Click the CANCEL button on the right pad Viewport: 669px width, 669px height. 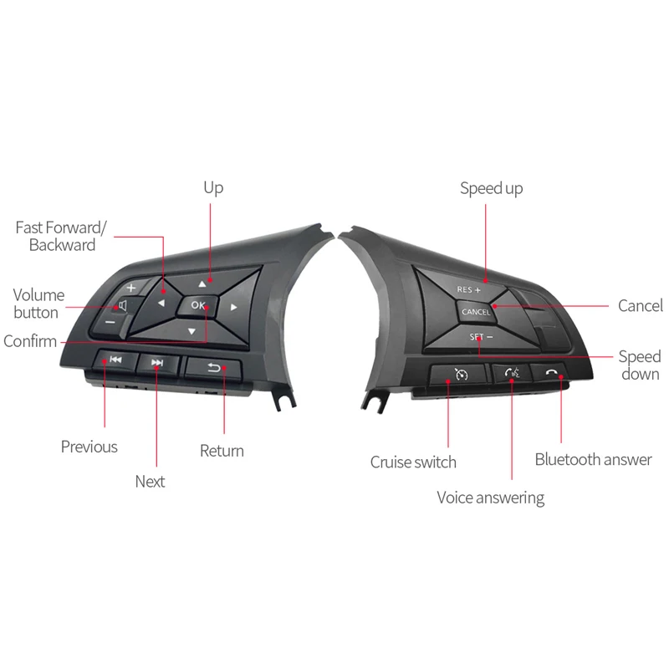[475, 311]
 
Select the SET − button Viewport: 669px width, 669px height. [480, 337]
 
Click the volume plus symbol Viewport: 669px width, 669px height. [131, 289]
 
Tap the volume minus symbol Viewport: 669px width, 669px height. [110, 320]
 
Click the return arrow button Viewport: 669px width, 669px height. [214, 366]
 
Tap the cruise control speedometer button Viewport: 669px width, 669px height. [459, 375]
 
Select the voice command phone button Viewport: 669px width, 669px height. [512, 374]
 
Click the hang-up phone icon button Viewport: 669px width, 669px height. [550, 372]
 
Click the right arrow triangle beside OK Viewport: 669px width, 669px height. [234, 308]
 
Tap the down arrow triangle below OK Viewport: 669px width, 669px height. [192, 332]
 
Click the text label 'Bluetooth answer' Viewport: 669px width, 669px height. [593, 459]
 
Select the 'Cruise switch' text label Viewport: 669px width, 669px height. [413, 462]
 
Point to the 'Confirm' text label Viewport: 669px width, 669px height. [30, 341]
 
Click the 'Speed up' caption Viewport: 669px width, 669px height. [492, 188]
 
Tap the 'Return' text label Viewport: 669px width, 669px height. [222, 451]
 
